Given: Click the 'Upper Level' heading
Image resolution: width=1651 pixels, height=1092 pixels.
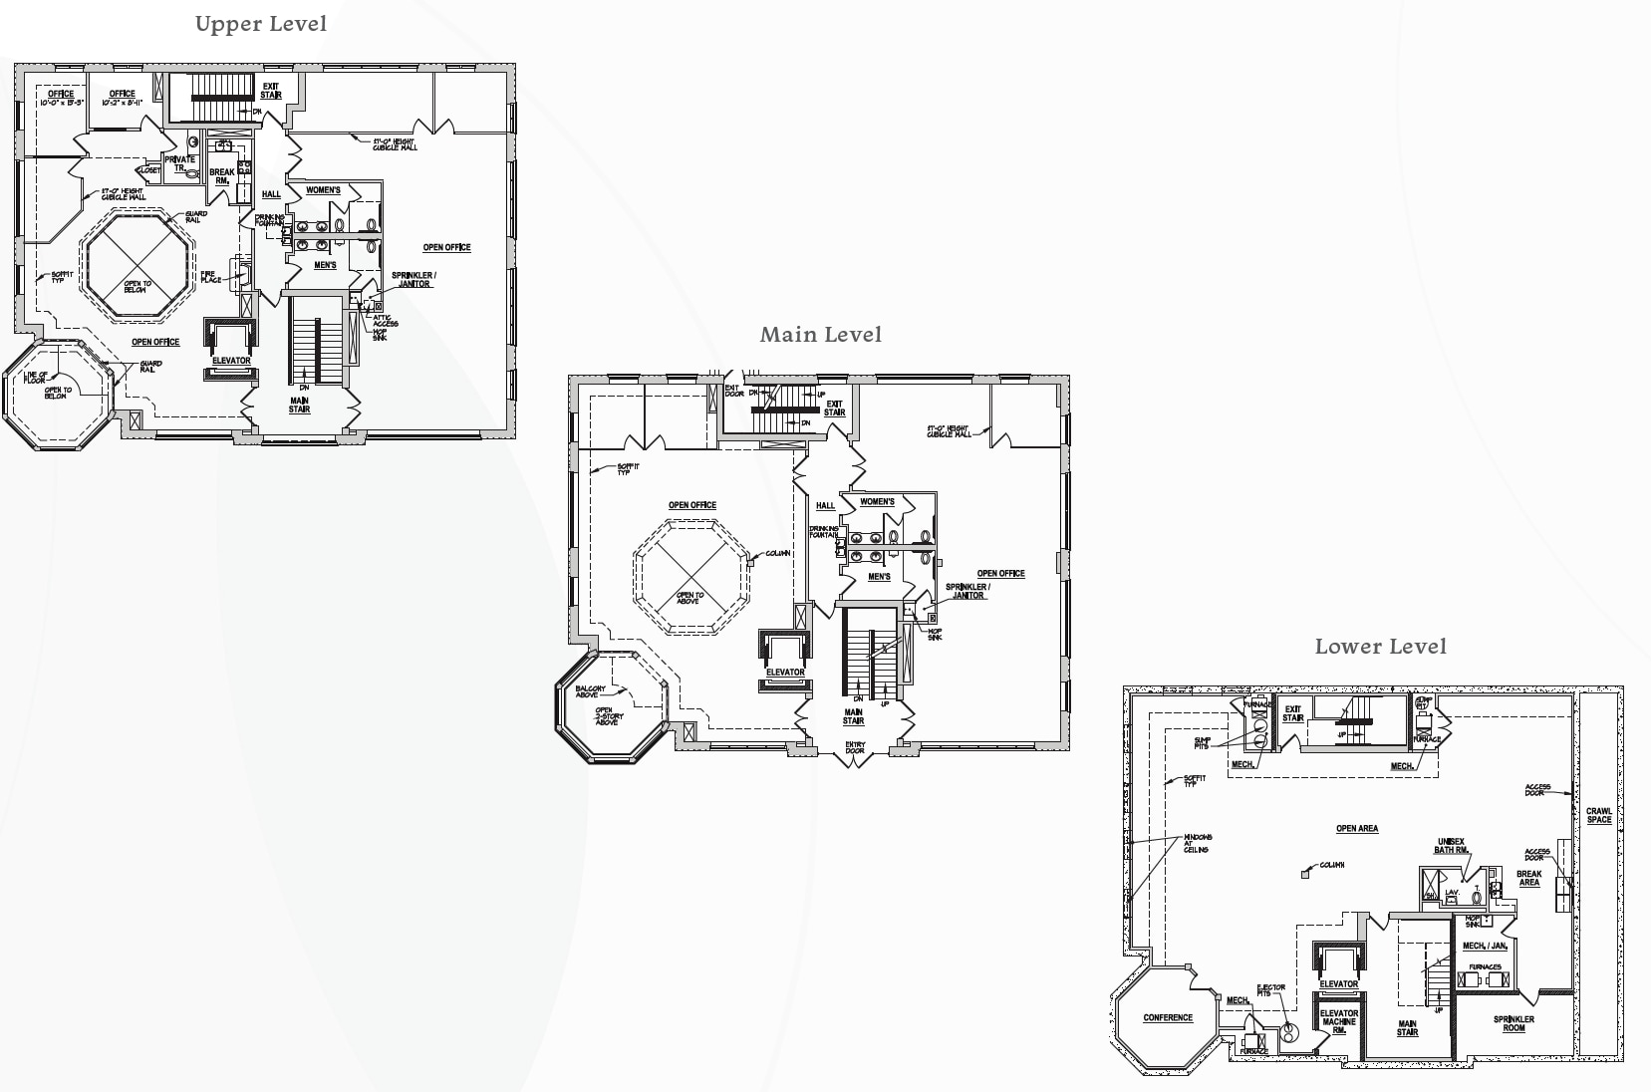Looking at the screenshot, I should click(x=261, y=24).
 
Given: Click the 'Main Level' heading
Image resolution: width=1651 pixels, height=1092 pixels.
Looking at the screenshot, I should click(x=821, y=335).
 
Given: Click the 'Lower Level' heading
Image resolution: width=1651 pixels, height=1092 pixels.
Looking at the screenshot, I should click(x=1380, y=647).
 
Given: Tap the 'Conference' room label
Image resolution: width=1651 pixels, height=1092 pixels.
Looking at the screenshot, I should click(x=1168, y=1018).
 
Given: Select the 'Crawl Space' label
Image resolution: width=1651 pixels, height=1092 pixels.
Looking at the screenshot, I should click(x=1598, y=815).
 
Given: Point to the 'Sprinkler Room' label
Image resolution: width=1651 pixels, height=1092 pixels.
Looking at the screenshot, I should click(x=1513, y=1023).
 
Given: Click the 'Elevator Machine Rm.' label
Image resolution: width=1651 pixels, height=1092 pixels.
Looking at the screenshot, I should click(x=1339, y=1021).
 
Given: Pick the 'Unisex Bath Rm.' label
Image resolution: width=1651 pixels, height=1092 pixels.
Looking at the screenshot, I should click(x=1451, y=846).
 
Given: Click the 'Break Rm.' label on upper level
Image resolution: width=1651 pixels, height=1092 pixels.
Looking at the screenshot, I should click(x=222, y=176).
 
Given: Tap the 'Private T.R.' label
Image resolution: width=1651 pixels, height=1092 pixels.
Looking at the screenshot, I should click(x=180, y=163).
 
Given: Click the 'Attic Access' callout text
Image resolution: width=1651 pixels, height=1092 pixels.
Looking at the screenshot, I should click(x=385, y=321).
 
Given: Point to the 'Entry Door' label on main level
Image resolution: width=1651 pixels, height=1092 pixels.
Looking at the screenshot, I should click(x=855, y=747).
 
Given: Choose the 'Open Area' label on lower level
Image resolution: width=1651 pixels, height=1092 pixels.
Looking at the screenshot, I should click(x=1357, y=829).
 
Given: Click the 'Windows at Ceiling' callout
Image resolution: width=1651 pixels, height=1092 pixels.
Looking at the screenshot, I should click(x=1198, y=843).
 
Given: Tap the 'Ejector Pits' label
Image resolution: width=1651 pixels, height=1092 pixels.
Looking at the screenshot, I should click(x=1271, y=990).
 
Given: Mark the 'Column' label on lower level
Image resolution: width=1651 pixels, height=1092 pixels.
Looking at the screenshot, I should click(x=1332, y=865).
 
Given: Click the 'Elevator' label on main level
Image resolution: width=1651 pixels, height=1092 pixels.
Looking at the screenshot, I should click(x=785, y=673).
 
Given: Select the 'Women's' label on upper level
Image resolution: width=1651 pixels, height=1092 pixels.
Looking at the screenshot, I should click(x=323, y=190).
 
